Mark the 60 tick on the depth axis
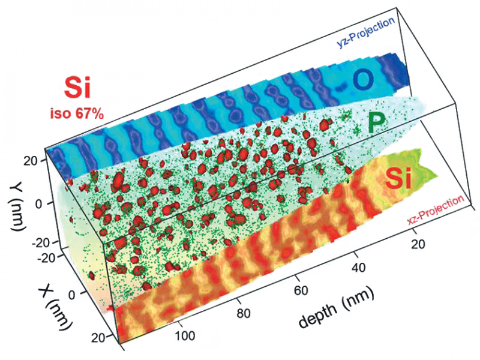point(302,290)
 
